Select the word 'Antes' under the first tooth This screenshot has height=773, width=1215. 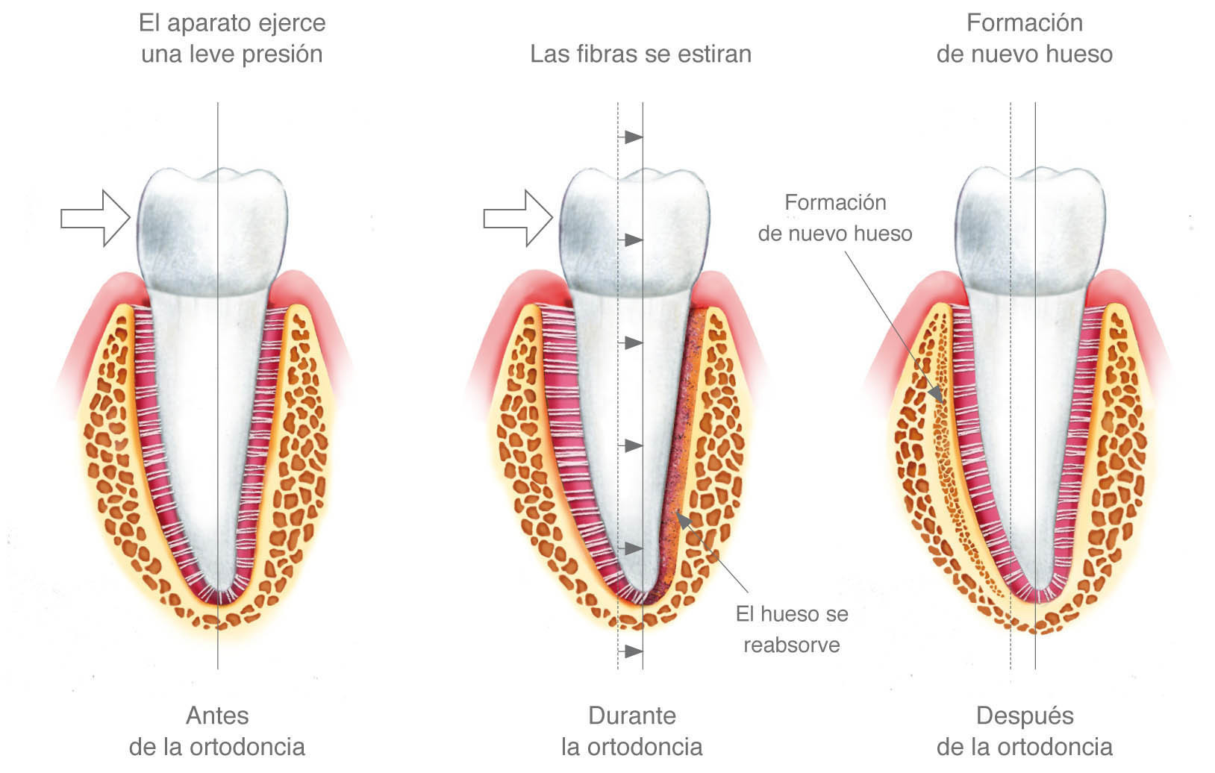(217, 716)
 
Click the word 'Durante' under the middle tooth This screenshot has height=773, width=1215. (632, 716)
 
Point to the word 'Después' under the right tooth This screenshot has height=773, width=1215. (1025, 716)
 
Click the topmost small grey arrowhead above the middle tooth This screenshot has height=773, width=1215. (634, 137)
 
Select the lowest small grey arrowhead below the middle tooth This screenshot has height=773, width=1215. (634, 651)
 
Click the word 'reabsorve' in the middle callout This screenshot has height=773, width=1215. (792, 645)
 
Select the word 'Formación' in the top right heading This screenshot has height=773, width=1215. (1024, 23)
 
